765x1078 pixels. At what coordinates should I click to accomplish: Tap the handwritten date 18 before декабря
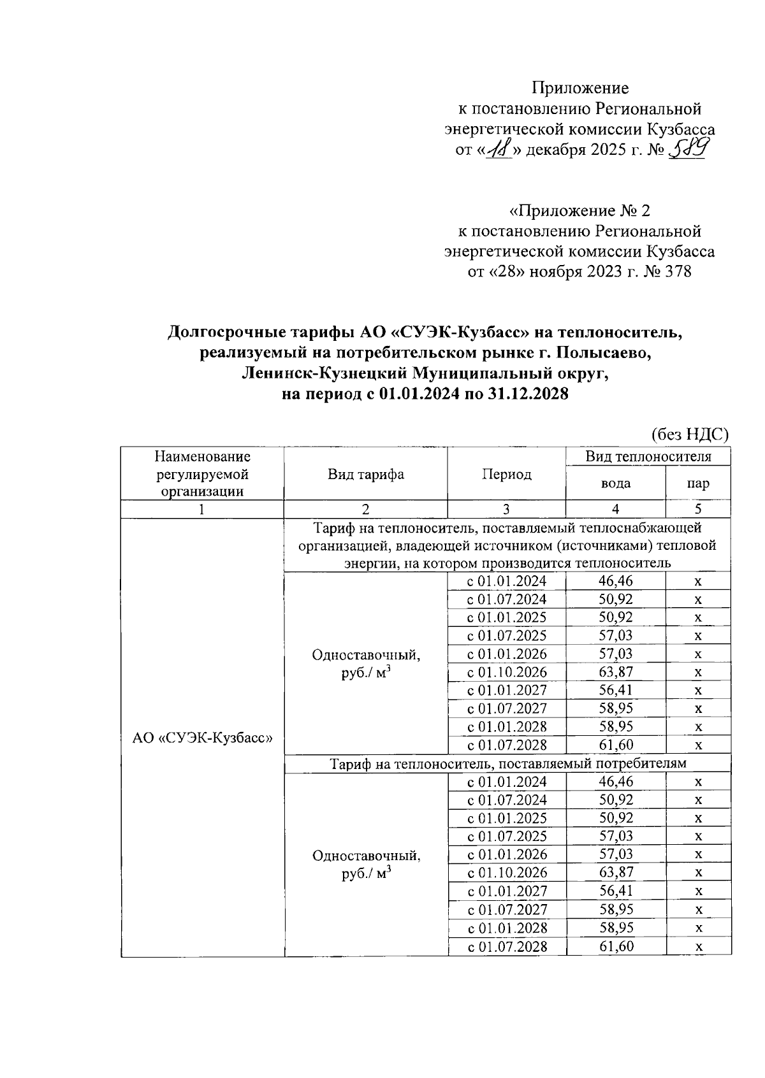[x=499, y=150]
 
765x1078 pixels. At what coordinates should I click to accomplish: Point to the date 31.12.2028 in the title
[x=528, y=394]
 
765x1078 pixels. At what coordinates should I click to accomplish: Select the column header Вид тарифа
[x=365, y=474]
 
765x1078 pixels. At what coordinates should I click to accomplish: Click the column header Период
[x=506, y=474]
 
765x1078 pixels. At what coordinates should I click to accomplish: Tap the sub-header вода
[x=615, y=483]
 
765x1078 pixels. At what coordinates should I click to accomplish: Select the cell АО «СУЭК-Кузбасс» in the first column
[x=202, y=738]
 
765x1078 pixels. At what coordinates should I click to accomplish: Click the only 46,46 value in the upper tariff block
[x=615, y=581]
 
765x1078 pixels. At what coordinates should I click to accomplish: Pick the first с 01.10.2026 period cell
[x=507, y=672]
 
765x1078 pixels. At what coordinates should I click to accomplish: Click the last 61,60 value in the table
[x=615, y=946]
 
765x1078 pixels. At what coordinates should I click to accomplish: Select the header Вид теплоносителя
[x=648, y=456]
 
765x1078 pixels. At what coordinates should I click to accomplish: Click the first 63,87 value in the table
[x=615, y=672]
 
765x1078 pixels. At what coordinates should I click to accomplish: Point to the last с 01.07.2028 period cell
[x=507, y=946]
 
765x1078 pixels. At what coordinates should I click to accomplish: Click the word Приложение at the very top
[x=580, y=88]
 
